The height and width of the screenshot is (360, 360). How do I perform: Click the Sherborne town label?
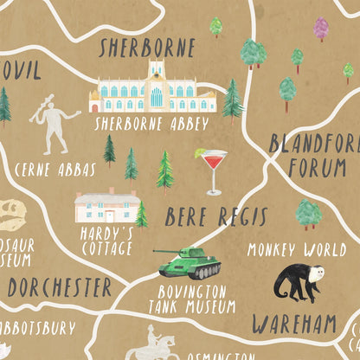coord(146,47)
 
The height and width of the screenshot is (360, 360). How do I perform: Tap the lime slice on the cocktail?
coord(199,153)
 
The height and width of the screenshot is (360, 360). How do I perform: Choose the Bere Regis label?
coord(216,215)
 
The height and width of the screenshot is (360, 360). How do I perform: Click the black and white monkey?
coord(299,283)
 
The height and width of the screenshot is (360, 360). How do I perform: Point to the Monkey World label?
coord(297,250)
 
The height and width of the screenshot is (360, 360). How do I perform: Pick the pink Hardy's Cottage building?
coord(106,205)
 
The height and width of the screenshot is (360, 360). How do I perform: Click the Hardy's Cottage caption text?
coord(106,241)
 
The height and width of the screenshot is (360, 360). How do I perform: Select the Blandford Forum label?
coord(313,154)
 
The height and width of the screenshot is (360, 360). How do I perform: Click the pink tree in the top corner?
coord(321,28)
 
